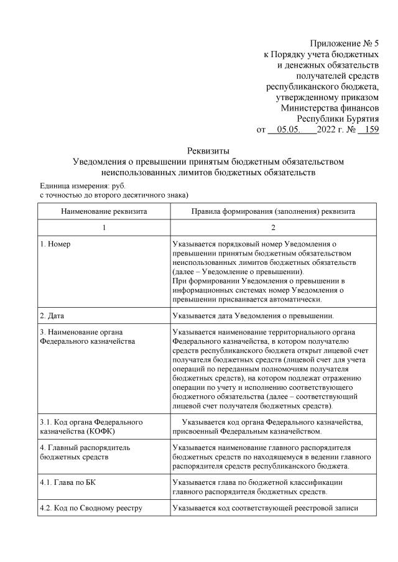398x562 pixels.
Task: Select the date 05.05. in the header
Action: click(289, 130)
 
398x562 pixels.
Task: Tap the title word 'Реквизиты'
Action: click(208, 150)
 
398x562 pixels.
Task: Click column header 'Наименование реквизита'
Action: click(104, 211)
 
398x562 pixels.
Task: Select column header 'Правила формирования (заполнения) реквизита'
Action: click(273, 211)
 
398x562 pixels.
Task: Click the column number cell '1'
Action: click(104, 228)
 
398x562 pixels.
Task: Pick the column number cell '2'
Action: click(273, 228)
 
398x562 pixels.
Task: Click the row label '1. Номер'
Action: click(55, 244)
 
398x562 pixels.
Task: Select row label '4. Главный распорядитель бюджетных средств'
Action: click(85, 451)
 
